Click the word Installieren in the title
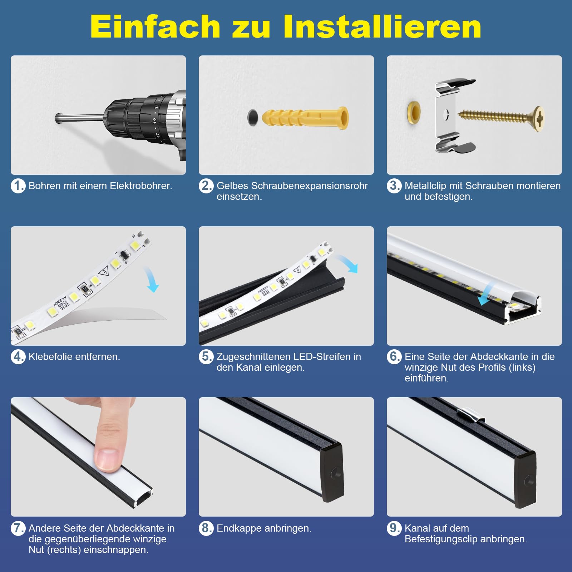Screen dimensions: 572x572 tap(382, 27)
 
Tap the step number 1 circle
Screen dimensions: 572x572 tap(18, 186)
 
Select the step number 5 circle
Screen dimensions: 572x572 tap(206, 357)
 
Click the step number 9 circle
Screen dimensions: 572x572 tap(394, 528)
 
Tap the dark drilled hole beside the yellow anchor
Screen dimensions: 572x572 tap(253, 117)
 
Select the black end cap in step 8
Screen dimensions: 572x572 tap(332, 472)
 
